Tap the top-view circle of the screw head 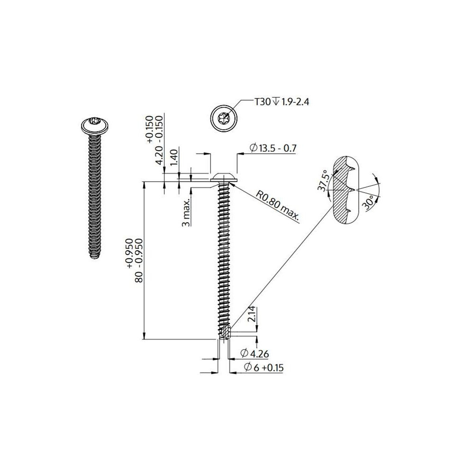pyautogui.click(x=223, y=118)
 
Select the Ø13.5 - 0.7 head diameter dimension pyautogui.click(x=273, y=148)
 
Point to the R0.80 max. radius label pyautogui.click(x=278, y=207)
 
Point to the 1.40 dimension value pyautogui.click(x=173, y=157)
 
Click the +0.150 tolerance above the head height pyautogui.click(x=150, y=129)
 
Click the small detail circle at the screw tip pyautogui.click(x=226, y=331)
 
